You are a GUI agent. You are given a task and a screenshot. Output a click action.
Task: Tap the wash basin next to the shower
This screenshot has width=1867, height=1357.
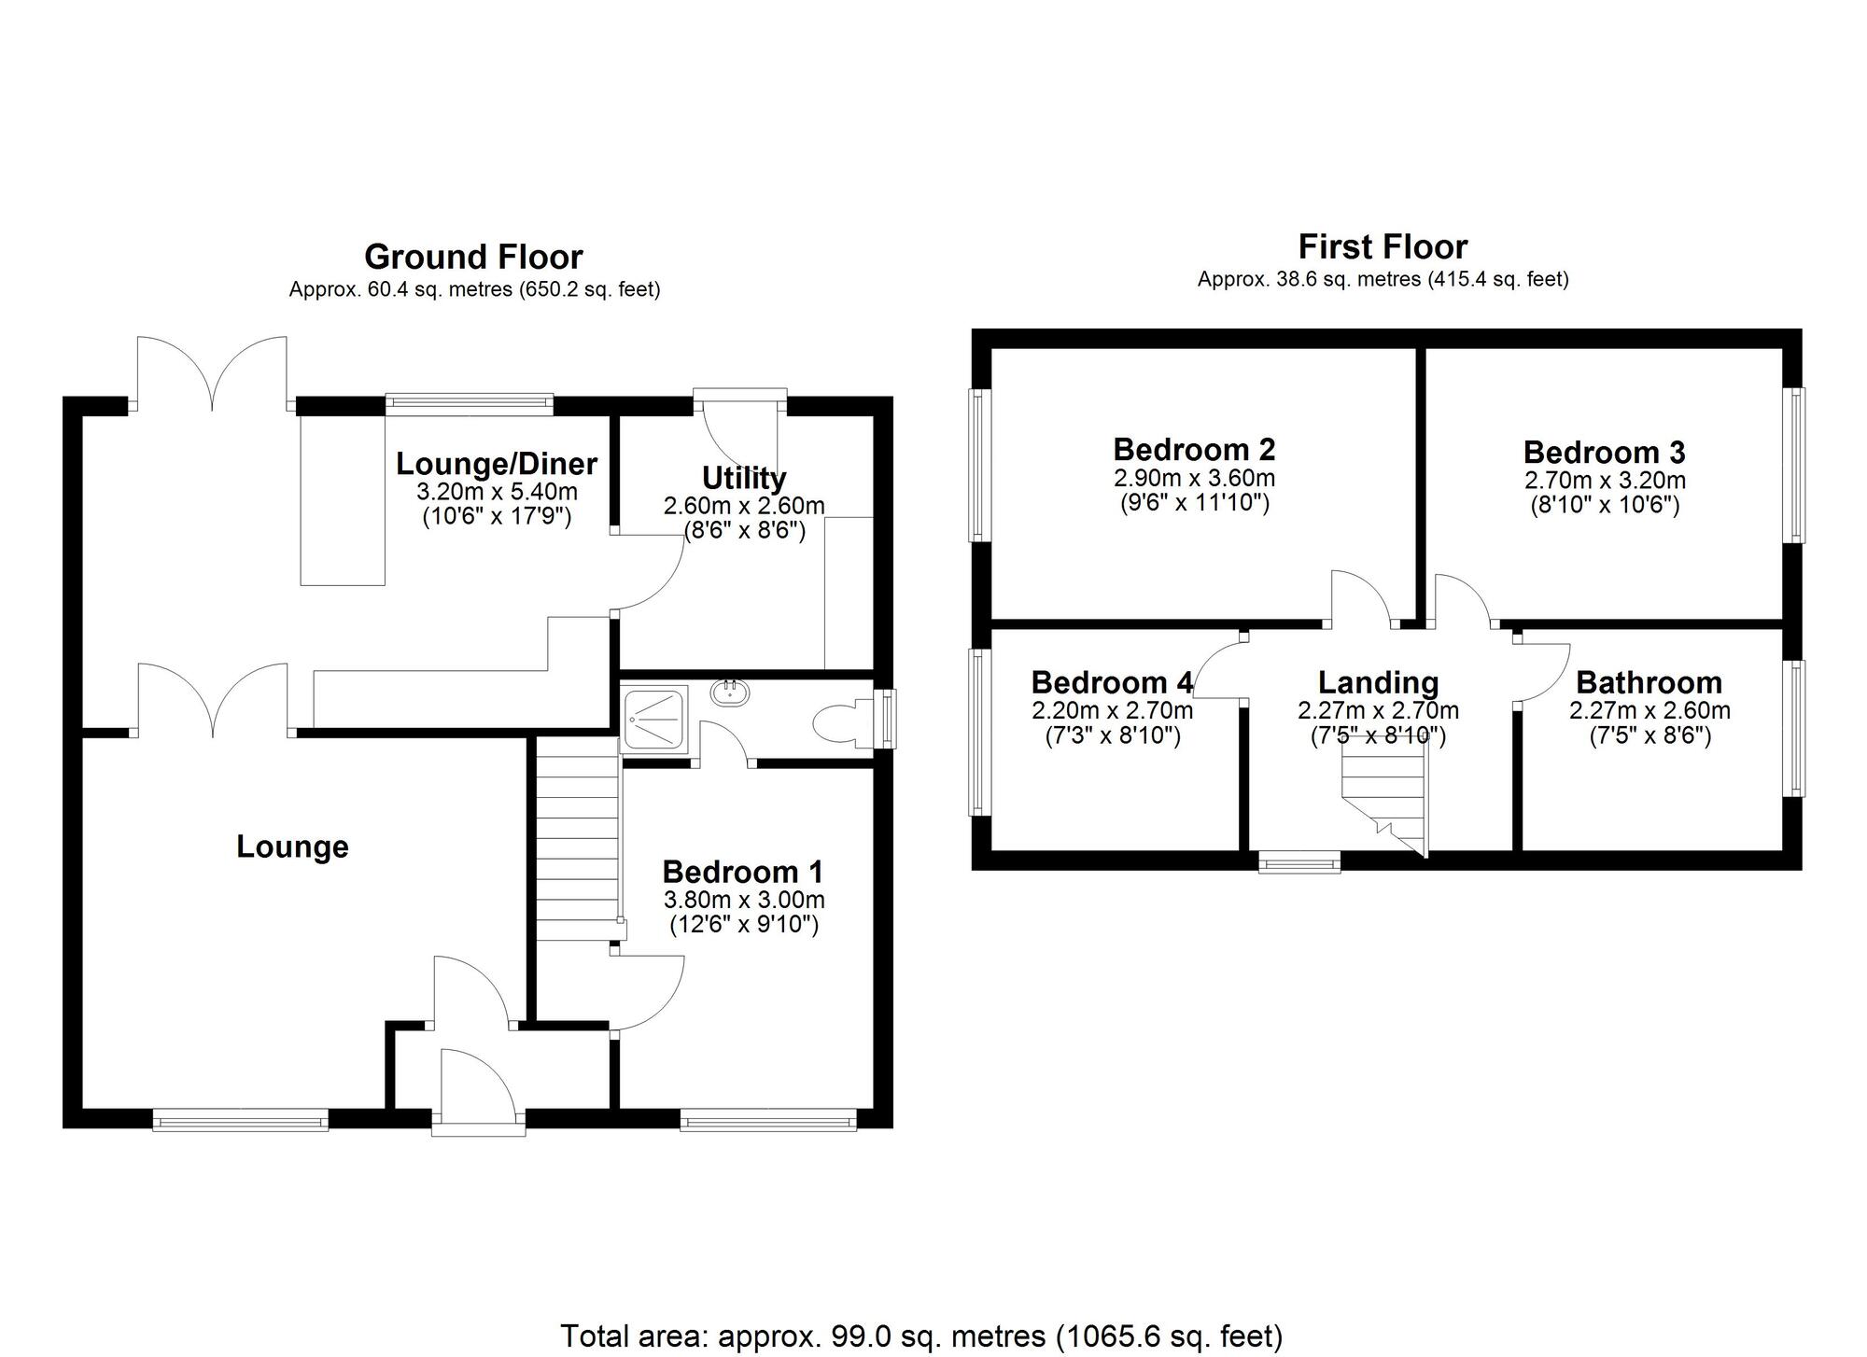[x=730, y=693]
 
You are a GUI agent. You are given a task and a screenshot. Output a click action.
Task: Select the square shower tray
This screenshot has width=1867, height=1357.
[x=655, y=718]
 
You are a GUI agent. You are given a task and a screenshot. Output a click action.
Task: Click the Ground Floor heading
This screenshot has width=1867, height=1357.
[x=473, y=257]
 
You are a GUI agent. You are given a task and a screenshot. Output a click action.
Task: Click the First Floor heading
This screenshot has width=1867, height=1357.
[x=1383, y=247]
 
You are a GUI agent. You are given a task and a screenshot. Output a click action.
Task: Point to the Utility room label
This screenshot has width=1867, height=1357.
[x=744, y=478]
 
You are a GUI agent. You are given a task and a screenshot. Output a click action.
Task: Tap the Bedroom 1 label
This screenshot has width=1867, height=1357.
[x=743, y=872]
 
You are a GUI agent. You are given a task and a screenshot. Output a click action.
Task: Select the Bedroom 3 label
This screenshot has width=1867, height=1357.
[x=1605, y=453]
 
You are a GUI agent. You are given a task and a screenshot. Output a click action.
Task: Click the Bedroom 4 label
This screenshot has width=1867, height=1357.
[x=1112, y=682]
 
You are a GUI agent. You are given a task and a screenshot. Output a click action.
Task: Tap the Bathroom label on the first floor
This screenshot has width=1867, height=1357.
[x=1649, y=682]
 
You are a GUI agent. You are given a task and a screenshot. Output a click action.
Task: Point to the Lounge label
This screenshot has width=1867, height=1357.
[x=292, y=846]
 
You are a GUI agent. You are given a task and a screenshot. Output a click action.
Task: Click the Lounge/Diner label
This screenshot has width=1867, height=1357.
[x=497, y=463]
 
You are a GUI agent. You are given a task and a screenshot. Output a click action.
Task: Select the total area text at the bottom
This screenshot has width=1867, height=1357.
[x=921, y=1336]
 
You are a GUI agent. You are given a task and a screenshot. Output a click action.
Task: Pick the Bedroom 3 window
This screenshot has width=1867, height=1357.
[x=1794, y=465]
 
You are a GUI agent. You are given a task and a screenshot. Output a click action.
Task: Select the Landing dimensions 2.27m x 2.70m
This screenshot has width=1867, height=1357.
[x=1378, y=711]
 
